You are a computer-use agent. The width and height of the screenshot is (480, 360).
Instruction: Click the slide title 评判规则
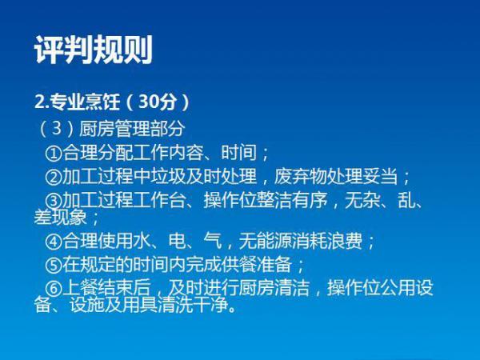[94, 50]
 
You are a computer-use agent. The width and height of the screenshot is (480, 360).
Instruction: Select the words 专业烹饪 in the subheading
[85, 102]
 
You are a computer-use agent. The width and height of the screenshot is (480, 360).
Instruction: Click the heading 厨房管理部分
[132, 129]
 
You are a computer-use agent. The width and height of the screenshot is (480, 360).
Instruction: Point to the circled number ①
[54, 153]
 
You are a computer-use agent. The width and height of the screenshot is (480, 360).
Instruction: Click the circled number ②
[54, 177]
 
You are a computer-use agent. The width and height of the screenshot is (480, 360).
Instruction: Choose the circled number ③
[54, 201]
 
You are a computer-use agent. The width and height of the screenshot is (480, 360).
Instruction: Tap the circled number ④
[54, 242]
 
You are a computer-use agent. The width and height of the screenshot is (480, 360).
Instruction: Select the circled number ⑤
[54, 265]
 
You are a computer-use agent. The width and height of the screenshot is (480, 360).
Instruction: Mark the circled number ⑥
[54, 288]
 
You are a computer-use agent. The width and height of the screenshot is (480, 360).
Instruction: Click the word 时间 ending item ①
[238, 153]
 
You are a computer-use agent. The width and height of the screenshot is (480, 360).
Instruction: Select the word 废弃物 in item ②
[300, 176]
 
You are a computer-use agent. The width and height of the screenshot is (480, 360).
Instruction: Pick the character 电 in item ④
[178, 242]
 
